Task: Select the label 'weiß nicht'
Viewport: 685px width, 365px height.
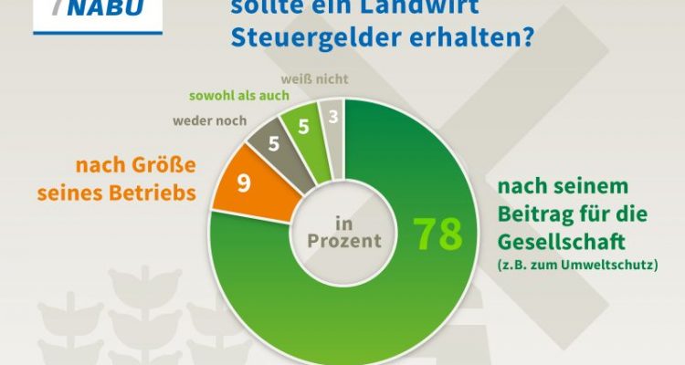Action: coord(315,78)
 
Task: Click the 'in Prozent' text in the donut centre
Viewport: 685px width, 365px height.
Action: coord(343,232)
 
